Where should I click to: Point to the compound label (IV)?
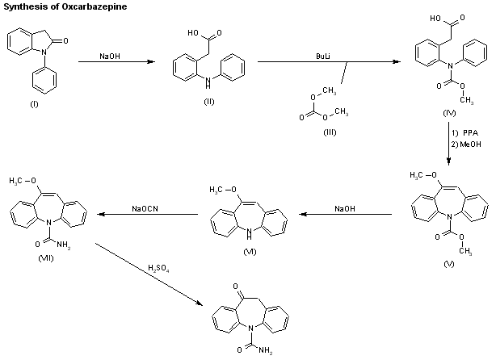[x=451, y=113]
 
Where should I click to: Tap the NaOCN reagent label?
[x=146, y=209]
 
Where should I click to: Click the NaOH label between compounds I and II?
[x=111, y=55]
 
